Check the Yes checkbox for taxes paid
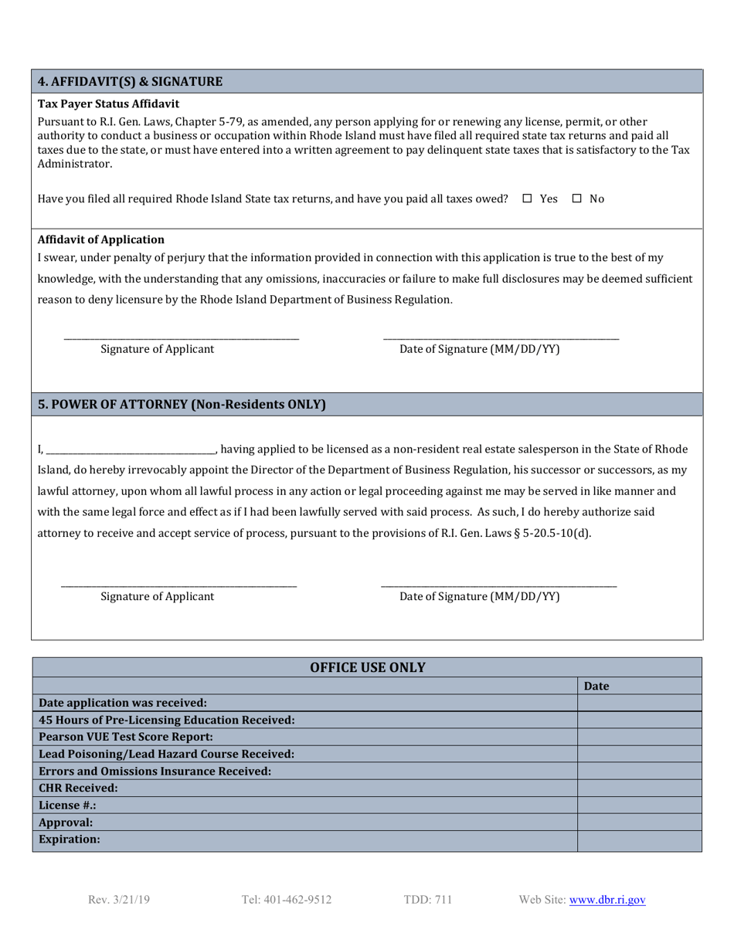527,199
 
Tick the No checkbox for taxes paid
576,199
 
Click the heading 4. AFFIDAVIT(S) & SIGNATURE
131,81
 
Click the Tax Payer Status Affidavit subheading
108,103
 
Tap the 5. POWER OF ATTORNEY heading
182,404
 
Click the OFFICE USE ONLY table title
367,667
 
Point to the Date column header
596,686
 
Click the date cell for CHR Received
639,788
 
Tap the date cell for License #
639,805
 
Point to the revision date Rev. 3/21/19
119,900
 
